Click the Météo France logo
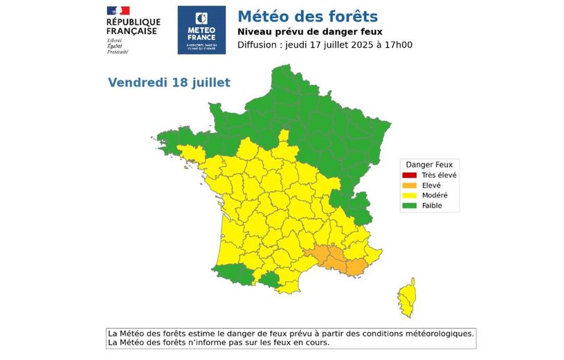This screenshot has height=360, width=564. tap(201, 30)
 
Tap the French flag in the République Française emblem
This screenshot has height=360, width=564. tap(118, 10)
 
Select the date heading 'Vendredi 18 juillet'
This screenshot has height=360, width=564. tap(169, 82)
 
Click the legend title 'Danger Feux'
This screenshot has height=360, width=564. tap(429, 165)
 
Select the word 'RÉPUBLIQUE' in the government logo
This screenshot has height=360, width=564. tap(134, 22)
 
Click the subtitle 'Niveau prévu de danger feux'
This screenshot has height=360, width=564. tap(309, 32)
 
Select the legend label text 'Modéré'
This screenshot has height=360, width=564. tap(435, 195)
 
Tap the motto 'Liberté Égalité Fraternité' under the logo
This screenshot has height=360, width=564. tap(118, 46)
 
